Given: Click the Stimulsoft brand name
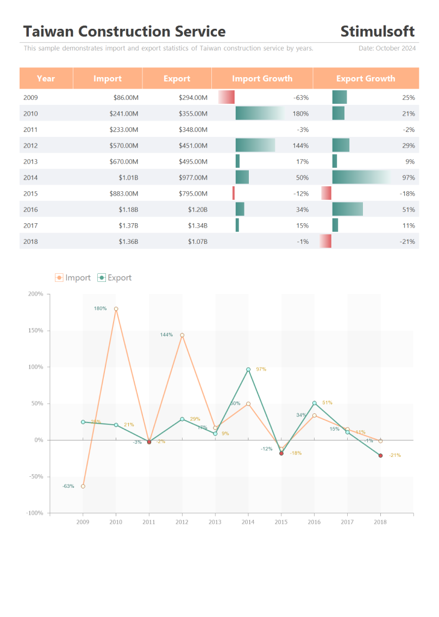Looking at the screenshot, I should click(x=378, y=32).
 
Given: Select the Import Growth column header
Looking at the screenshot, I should click(x=262, y=79).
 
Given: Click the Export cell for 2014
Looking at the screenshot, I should click(x=193, y=178).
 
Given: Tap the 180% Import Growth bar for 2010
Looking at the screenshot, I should click(x=260, y=114).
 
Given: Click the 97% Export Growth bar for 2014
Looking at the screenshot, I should click(x=361, y=178).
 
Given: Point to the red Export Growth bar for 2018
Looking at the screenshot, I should click(x=325, y=242).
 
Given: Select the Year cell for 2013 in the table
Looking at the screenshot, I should click(x=31, y=161).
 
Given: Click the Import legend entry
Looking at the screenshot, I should click(x=73, y=278).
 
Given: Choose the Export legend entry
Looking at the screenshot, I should click(x=115, y=278).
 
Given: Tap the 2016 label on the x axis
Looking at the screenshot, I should click(x=314, y=522).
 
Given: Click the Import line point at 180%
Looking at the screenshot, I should click(x=116, y=309).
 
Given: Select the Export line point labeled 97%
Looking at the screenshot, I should click(x=248, y=370).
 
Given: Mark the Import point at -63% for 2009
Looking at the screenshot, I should click(x=83, y=486).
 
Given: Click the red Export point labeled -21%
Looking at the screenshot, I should click(x=380, y=456).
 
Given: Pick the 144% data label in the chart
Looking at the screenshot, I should click(x=166, y=335).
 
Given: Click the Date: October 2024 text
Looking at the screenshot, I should click(x=387, y=48).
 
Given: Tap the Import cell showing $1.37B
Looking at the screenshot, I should click(x=129, y=226).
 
